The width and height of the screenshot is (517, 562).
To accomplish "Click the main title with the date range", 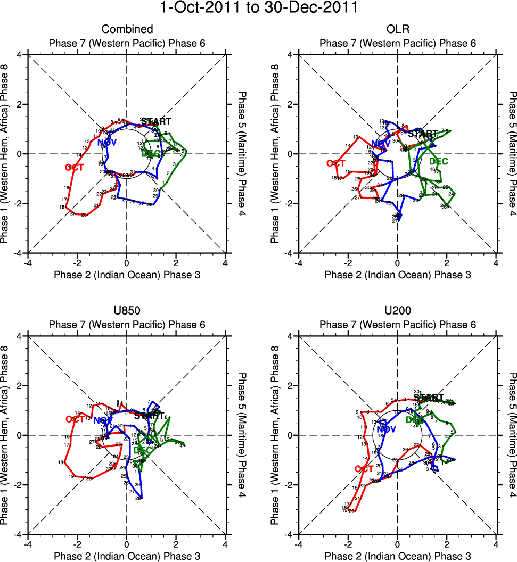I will [x=258, y=9].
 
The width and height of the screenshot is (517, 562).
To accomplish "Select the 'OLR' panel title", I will [x=397, y=29].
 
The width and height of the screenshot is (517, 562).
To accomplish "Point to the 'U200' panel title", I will [x=397, y=311].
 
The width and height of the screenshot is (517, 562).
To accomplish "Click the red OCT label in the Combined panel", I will [x=75, y=167].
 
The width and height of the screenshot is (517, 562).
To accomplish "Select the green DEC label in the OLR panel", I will [x=438, y=161].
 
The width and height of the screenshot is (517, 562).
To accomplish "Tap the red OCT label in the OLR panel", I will [x=337, y=163].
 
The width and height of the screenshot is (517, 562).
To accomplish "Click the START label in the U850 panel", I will [x=149, y=416].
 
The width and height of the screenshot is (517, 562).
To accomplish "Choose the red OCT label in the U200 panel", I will [x=364, y=469].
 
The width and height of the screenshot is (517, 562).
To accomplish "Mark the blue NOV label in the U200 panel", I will [x=387, y=429].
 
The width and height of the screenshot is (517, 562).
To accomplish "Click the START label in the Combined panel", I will [x=156, y=122].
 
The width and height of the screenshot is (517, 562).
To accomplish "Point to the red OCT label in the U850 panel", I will [x=76, y=419].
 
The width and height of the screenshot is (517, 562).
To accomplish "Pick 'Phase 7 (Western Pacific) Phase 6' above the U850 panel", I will [x=127, y=325].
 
